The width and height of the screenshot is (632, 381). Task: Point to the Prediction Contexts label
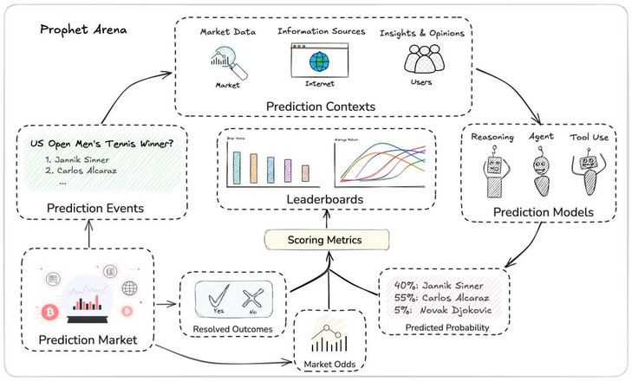point(322,106)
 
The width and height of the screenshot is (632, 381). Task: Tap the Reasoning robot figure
point(494,173)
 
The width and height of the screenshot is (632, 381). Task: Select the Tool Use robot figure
point(590,173)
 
